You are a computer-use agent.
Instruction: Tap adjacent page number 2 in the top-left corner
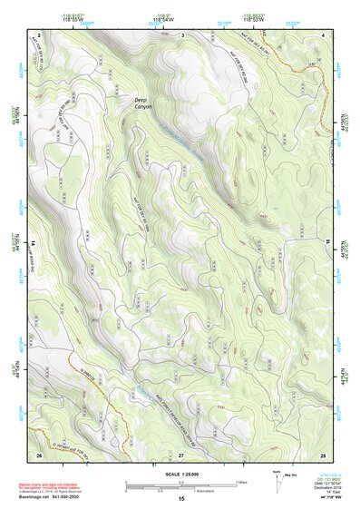point(39,35)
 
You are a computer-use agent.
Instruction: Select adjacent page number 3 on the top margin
point(181,35)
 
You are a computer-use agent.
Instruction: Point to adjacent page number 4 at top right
point(324,35)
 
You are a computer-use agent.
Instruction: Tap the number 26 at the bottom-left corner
point(39,454)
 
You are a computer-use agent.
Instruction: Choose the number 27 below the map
point(181,454)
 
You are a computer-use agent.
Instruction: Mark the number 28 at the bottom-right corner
point(323,454)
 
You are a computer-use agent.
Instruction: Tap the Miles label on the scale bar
point(240,482)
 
